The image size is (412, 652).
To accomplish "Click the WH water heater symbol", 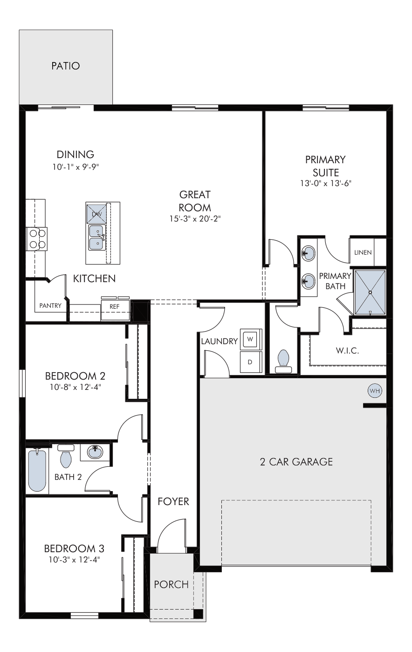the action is click(375, 391).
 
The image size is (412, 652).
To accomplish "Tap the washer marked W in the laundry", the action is click(251, 340).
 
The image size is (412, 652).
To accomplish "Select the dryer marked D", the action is click(251, 362).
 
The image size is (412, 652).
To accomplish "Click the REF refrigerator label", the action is click(115, 306).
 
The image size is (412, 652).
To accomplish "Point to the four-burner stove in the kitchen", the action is click(37, 239).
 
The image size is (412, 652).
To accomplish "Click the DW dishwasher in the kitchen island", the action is click(96, 214).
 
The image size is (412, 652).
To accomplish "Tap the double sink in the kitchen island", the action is click(97, 237).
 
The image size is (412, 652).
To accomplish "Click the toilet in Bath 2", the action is click(66, 456).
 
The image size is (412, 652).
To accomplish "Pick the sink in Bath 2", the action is click(95, 452).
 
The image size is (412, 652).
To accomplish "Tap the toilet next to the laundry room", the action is click(283, 361).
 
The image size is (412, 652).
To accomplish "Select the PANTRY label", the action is click(51, 305).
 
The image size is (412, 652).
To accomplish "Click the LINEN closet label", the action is click(363, 252).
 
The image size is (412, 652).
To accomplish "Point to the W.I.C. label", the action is click(347, 350).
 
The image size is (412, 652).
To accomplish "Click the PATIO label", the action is click(65, 66).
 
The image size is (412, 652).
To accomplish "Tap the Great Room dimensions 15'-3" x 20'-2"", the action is click(195, 219).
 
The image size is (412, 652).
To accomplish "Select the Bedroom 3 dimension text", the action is click(75, 560).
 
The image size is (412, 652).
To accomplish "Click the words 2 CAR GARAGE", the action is click(296, 462).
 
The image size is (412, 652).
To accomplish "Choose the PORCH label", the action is click(172, 584).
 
